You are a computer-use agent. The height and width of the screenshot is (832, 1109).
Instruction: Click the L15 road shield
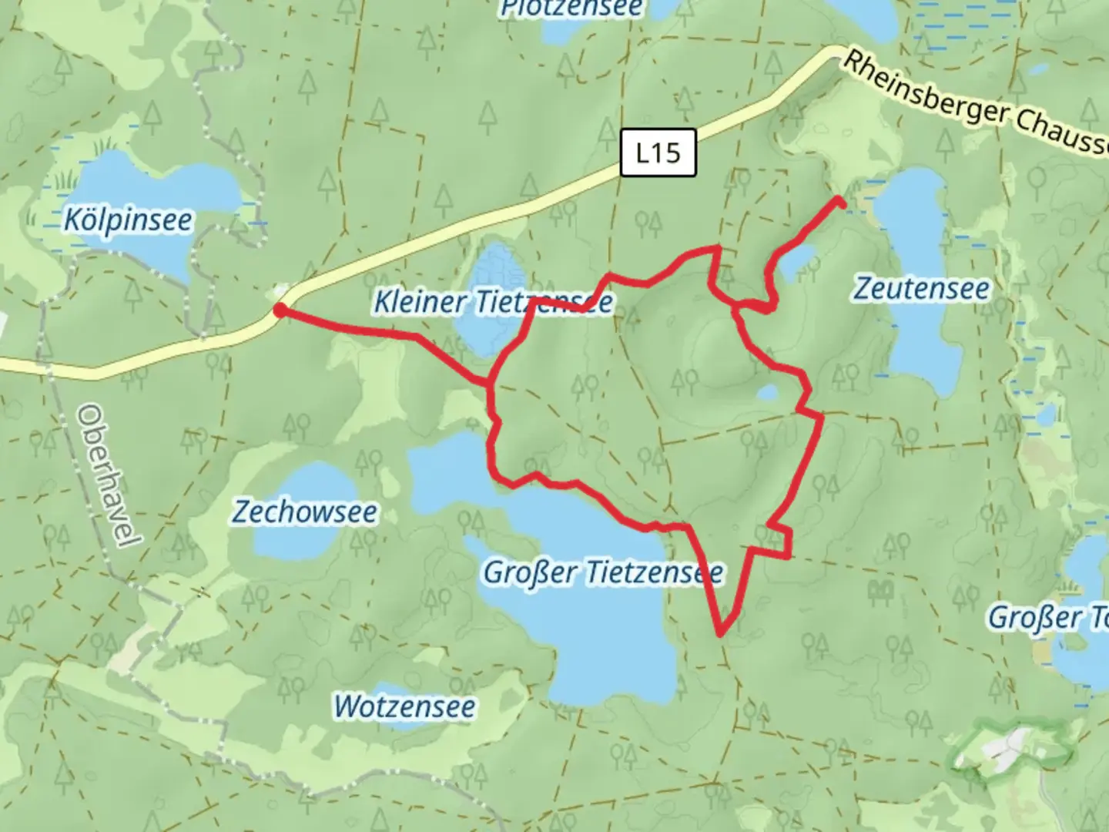tap(658, 153)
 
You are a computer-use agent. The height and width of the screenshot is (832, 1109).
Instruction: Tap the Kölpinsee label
tap(128, 221)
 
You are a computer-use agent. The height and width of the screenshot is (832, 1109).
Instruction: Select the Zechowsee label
tap(305, 512)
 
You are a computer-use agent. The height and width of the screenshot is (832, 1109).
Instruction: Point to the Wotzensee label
tap(404, 707)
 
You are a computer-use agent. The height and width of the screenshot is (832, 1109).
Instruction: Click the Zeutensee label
tap(922, 289)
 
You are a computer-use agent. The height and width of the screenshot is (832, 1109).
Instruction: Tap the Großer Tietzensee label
tap(602, 572)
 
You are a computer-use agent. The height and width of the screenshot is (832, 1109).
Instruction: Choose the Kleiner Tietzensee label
tap(493, 301)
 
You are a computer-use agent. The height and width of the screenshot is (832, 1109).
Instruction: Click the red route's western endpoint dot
tap(281, 310)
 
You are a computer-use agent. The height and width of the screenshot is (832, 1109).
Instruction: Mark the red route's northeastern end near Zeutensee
tap(840, 202)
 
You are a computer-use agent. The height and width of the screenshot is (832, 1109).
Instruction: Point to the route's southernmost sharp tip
tap(720, 634)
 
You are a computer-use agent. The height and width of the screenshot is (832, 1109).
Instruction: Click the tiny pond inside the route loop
tap(768, 394)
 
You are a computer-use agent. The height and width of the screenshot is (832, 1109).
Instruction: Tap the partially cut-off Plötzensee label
tap(571, 9)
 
